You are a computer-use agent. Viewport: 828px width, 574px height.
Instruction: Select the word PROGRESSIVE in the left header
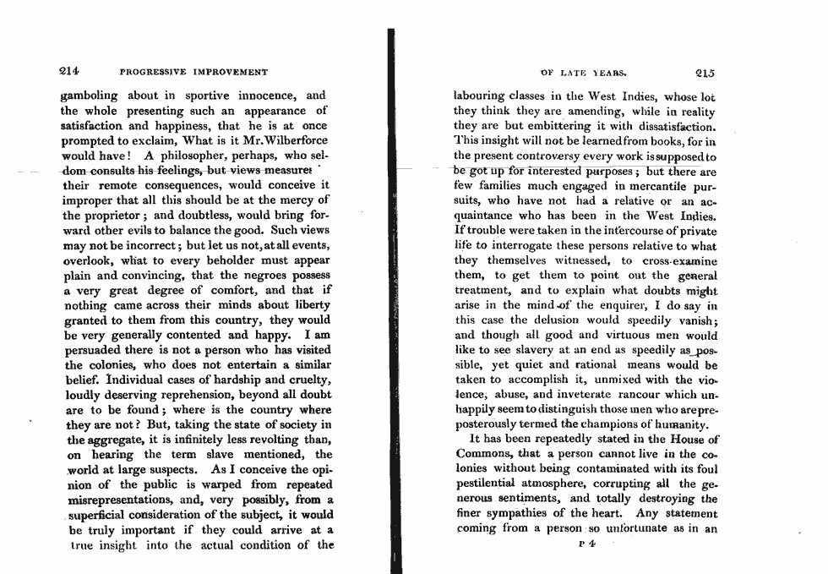coord(160,73)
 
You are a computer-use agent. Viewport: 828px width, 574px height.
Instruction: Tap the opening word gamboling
coord(90,96)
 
